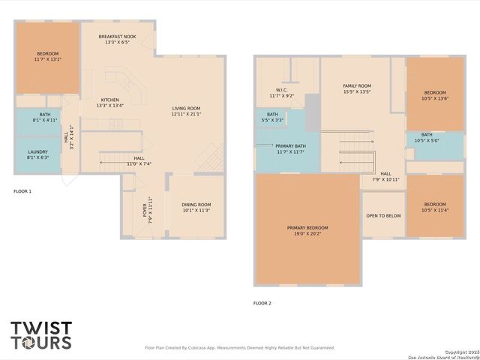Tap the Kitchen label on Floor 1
pos(109,103)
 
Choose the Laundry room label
pos(37,154)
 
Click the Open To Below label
pos(382,215)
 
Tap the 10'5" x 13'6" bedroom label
pos(435,95)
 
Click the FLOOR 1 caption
pos(22,191)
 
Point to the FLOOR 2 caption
pos(262,303)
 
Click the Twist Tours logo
pos(41,335)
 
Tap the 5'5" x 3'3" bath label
pos(272,117)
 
